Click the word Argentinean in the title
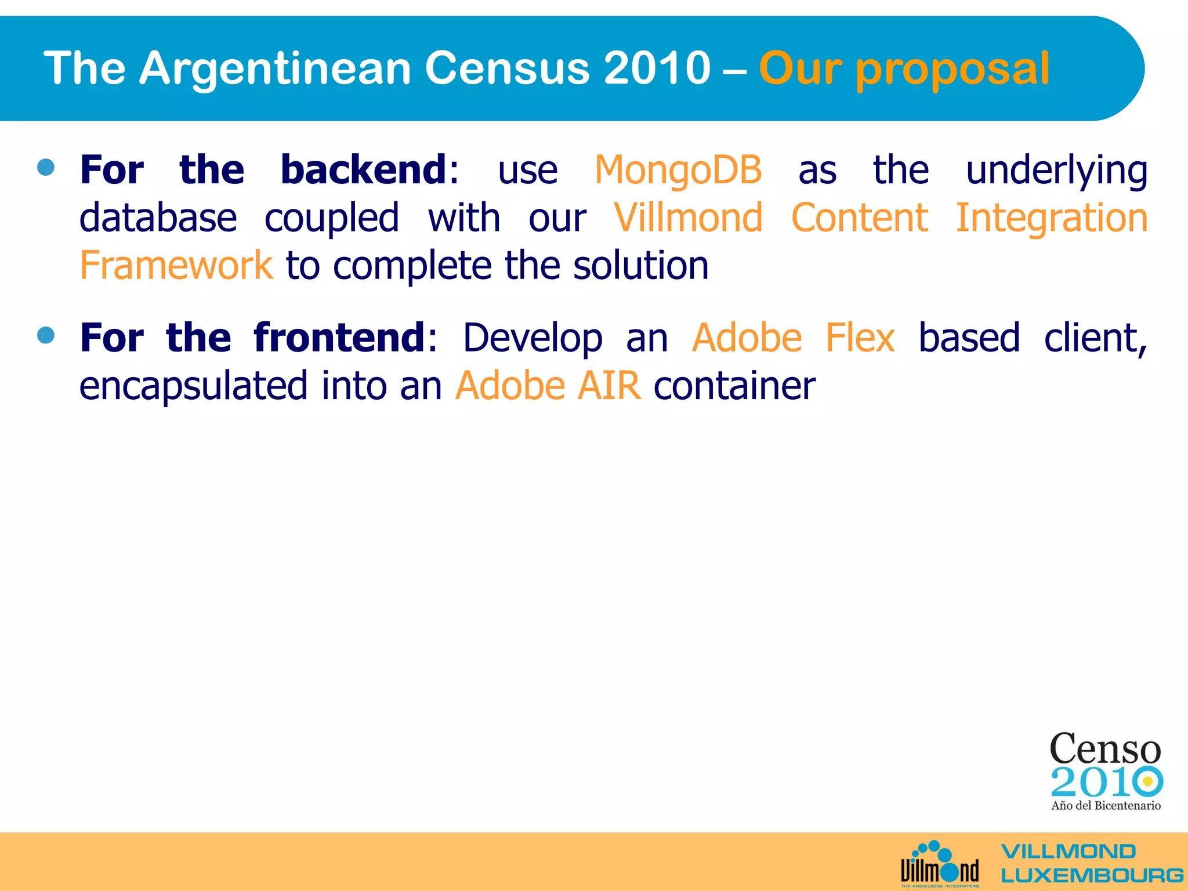pos(276,68)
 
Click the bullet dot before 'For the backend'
pos(46,168)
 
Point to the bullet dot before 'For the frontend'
pos(46,335)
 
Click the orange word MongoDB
pos(678,171)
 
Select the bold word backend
pos(364,170)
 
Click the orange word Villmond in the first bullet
pos(689,218)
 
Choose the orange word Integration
pos(1051,219)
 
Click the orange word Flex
pos(860,338)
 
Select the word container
pos(734,386)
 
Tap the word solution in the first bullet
pos(640,266)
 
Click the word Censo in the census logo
pos(1105,749)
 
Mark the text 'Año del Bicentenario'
pos(1106,805)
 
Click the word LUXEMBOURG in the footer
pos(1092,875)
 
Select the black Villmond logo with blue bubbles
pos(940,864)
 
